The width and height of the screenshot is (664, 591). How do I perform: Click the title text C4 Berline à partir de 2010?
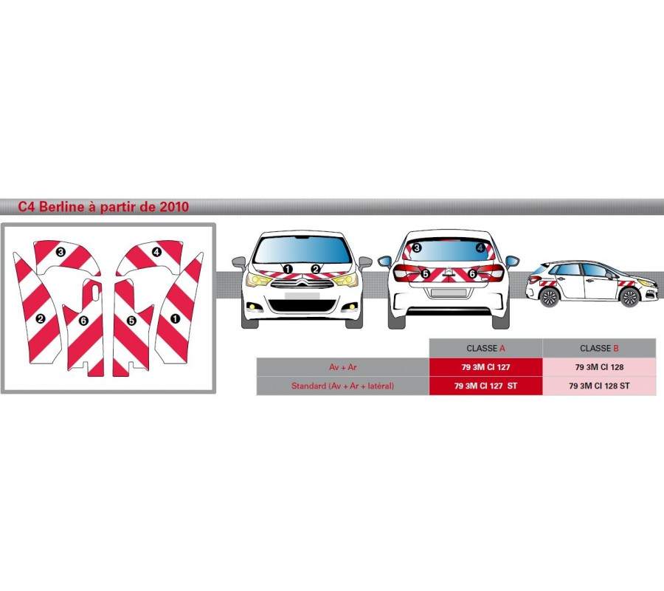pyautogui.click(x=103, y=207)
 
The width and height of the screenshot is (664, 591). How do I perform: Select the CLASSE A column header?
pyautogui.click(x=485, y=348)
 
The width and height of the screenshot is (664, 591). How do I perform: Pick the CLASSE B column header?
pyautogui.click(x=599, y=348)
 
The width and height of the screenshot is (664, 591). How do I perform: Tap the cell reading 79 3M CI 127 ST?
pyautogui.click(x=485, y=386)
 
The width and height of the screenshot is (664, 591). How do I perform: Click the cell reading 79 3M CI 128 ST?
pyautogui.click(x=599, y=386)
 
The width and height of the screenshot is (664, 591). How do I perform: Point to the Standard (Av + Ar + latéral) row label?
pyautogui.click(x=342, y=386)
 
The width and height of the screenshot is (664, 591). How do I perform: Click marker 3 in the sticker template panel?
pyautogui.click(x=60, y=252)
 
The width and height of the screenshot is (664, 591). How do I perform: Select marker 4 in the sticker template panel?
pyautogui.click(x=156, y=252)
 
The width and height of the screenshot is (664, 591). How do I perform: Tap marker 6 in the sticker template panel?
pyautogui.click(x=83, y=321)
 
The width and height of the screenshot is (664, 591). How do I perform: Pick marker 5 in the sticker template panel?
pyautogui.click(x=131, y=321)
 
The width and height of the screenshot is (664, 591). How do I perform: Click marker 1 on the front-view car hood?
pyautogui.click(x=288, y=269)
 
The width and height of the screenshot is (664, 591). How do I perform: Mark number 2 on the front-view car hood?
pyautogui.click(x=316, y=269)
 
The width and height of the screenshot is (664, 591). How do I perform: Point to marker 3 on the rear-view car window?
pyautogui.click(x=417, y=248)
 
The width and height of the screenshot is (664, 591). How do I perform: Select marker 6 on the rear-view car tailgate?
pyautogui.click(x=471, y=273)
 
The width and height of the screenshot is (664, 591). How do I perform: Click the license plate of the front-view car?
pyautogui.click(x=302, y=295)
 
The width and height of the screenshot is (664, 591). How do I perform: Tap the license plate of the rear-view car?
pyautogui.click(x=449, y=293)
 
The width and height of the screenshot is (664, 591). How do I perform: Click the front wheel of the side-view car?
pyautogui.click(x=629, y=298)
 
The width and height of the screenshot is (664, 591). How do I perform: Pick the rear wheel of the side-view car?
pyautogui.click(x=549, y=298)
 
